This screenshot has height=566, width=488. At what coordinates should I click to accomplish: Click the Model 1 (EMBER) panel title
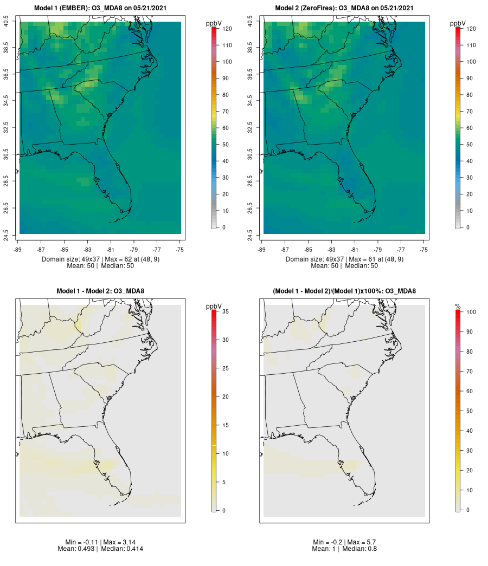[x=101, y=8]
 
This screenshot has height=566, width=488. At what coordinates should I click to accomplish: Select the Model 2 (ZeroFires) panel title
[x=344, y=8]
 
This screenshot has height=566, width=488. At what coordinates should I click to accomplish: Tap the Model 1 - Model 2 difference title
[x=100, y=291]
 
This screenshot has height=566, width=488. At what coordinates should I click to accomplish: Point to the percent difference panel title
[x=344, y=291]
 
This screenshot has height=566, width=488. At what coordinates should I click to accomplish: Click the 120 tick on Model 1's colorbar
[x=227, y=29]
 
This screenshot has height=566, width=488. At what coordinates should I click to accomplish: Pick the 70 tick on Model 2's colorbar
[x=470, y=111]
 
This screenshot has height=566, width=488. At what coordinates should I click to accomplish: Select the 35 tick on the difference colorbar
[x=226, y=311]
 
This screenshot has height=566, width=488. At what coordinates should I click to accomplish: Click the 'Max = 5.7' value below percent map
[x=363, y=542]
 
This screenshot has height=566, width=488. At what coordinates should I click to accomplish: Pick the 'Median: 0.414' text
[x=118, y=549]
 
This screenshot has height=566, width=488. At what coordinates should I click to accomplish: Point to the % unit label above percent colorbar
[x=458, y=307]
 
